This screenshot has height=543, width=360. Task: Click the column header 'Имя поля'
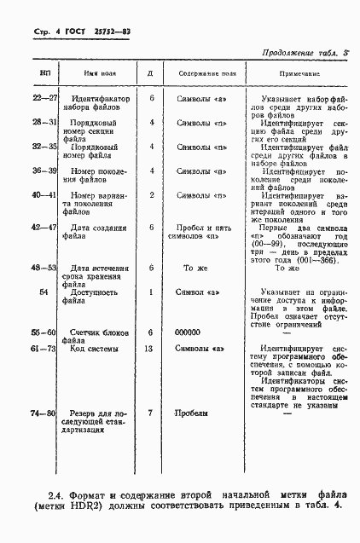tap(101, 74)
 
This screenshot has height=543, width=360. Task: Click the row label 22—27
tap(44, 99)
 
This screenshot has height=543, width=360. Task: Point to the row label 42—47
tap(44, 227)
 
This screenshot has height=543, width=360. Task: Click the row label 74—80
tap(44, 413)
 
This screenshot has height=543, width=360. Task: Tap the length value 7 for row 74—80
tap(151, 413)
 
